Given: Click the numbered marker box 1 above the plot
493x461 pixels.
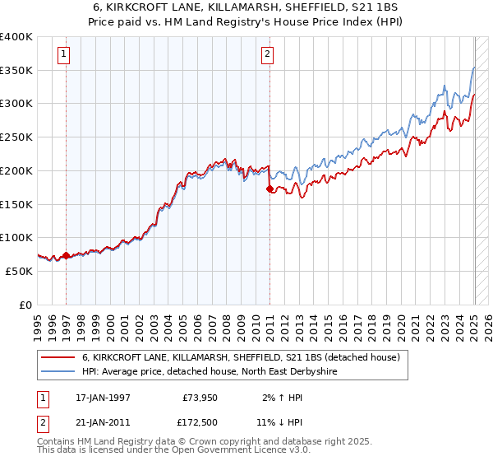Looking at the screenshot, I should (x=64, y=55).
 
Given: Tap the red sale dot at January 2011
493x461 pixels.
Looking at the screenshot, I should (x=270, y=189).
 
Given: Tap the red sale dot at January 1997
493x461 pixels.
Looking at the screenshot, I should (x=66, y=255).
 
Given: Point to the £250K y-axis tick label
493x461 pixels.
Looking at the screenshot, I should (x=16, y=137).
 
